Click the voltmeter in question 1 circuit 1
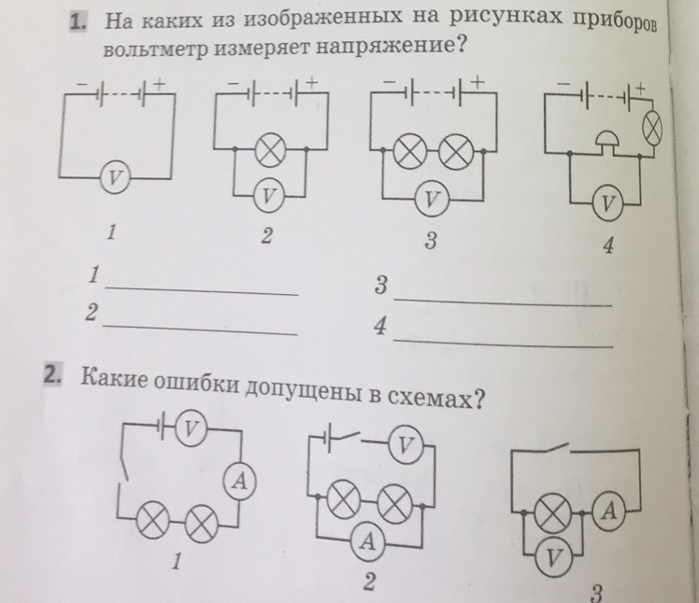click(115, 177)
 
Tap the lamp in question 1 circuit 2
click(270, 150)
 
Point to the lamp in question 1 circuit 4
click(651, 128)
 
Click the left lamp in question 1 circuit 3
click(410, 151)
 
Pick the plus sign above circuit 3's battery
click(478, 82)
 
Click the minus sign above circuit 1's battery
click(82, 83)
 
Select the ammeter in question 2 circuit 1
click(241, 482)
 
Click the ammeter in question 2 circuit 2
click(369, 541)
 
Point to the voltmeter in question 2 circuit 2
click(406, 445)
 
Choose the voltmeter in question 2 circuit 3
click(554, 557)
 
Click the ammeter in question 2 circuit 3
click(609, 511)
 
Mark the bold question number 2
click(52, 375)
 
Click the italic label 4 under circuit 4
click(608, 245)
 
